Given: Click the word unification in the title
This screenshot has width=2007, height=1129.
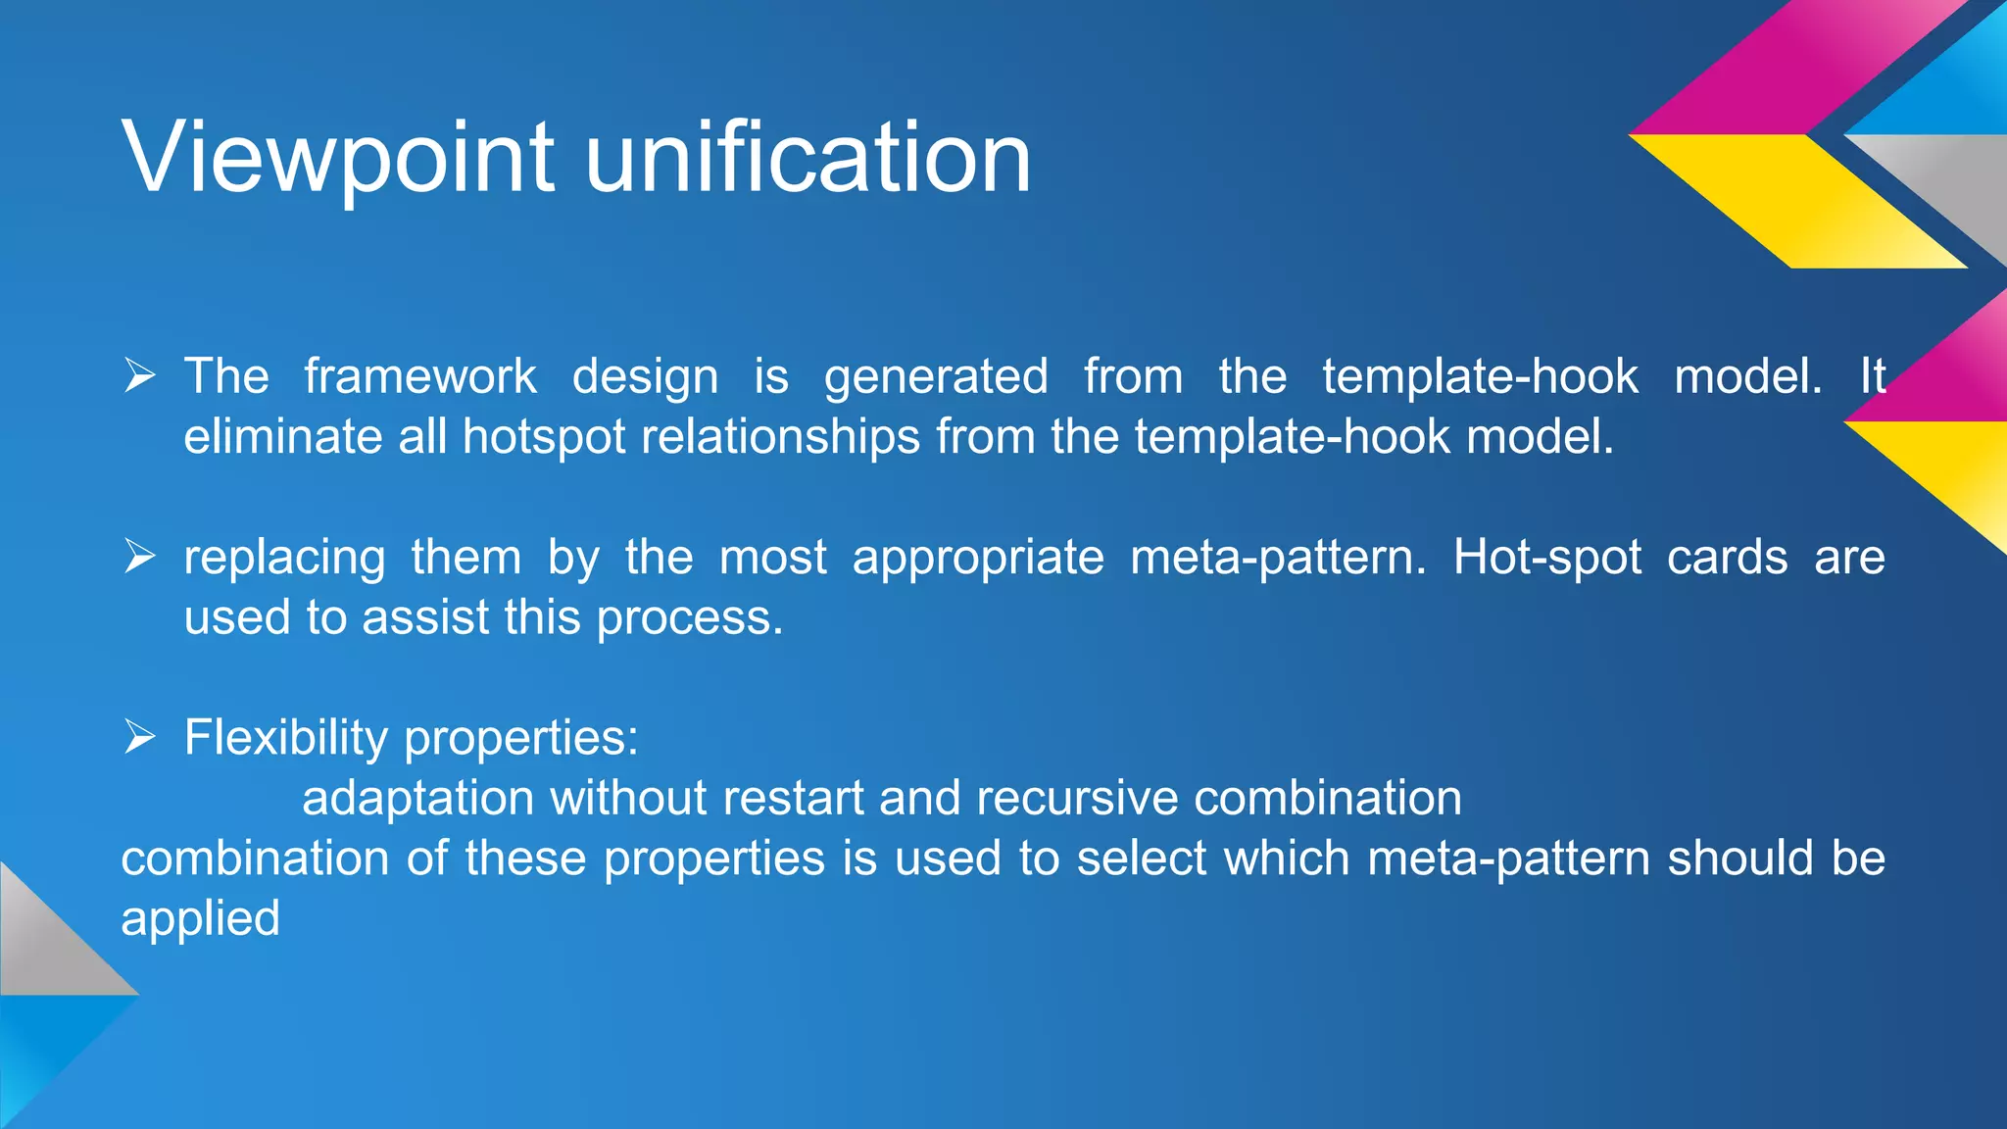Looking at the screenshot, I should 808,157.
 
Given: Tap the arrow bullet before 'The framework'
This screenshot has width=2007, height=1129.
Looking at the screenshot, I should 140,375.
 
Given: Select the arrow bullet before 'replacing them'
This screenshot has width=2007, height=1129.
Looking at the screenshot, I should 140,557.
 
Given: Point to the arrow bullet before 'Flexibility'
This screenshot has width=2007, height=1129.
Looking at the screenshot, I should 140,737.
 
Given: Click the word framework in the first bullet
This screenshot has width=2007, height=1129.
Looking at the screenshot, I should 419,376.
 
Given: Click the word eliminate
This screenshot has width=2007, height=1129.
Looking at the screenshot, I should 282,437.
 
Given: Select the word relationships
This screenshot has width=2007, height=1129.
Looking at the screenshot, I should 780,438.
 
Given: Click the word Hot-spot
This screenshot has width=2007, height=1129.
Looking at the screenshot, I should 1546,558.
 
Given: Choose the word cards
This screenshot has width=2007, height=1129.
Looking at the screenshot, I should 1727,558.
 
